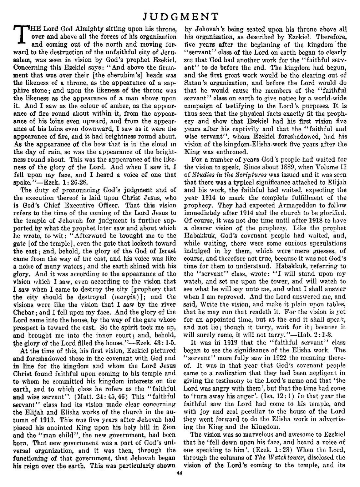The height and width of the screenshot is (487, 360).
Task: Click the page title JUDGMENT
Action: coord(180,16)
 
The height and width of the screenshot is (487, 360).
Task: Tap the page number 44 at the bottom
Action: coord(180,474)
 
